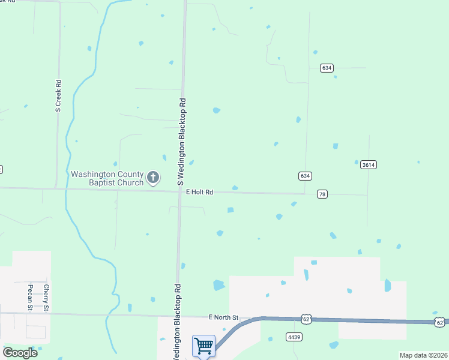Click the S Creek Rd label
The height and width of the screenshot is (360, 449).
58,97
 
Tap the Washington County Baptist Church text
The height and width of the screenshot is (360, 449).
107,178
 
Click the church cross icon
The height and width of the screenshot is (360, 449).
153,178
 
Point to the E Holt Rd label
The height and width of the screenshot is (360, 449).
199,192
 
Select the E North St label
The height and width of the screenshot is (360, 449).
223,317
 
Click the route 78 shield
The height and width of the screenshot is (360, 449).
322,194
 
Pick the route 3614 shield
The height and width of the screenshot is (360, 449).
368,165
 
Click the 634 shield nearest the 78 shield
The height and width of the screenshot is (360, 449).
305,176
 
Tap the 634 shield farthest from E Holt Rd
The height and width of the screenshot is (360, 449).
326,68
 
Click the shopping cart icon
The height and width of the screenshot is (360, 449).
203,346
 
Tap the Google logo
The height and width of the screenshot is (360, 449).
20,353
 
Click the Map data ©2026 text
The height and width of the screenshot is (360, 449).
423,355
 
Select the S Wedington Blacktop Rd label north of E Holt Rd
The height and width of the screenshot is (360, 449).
181,141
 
